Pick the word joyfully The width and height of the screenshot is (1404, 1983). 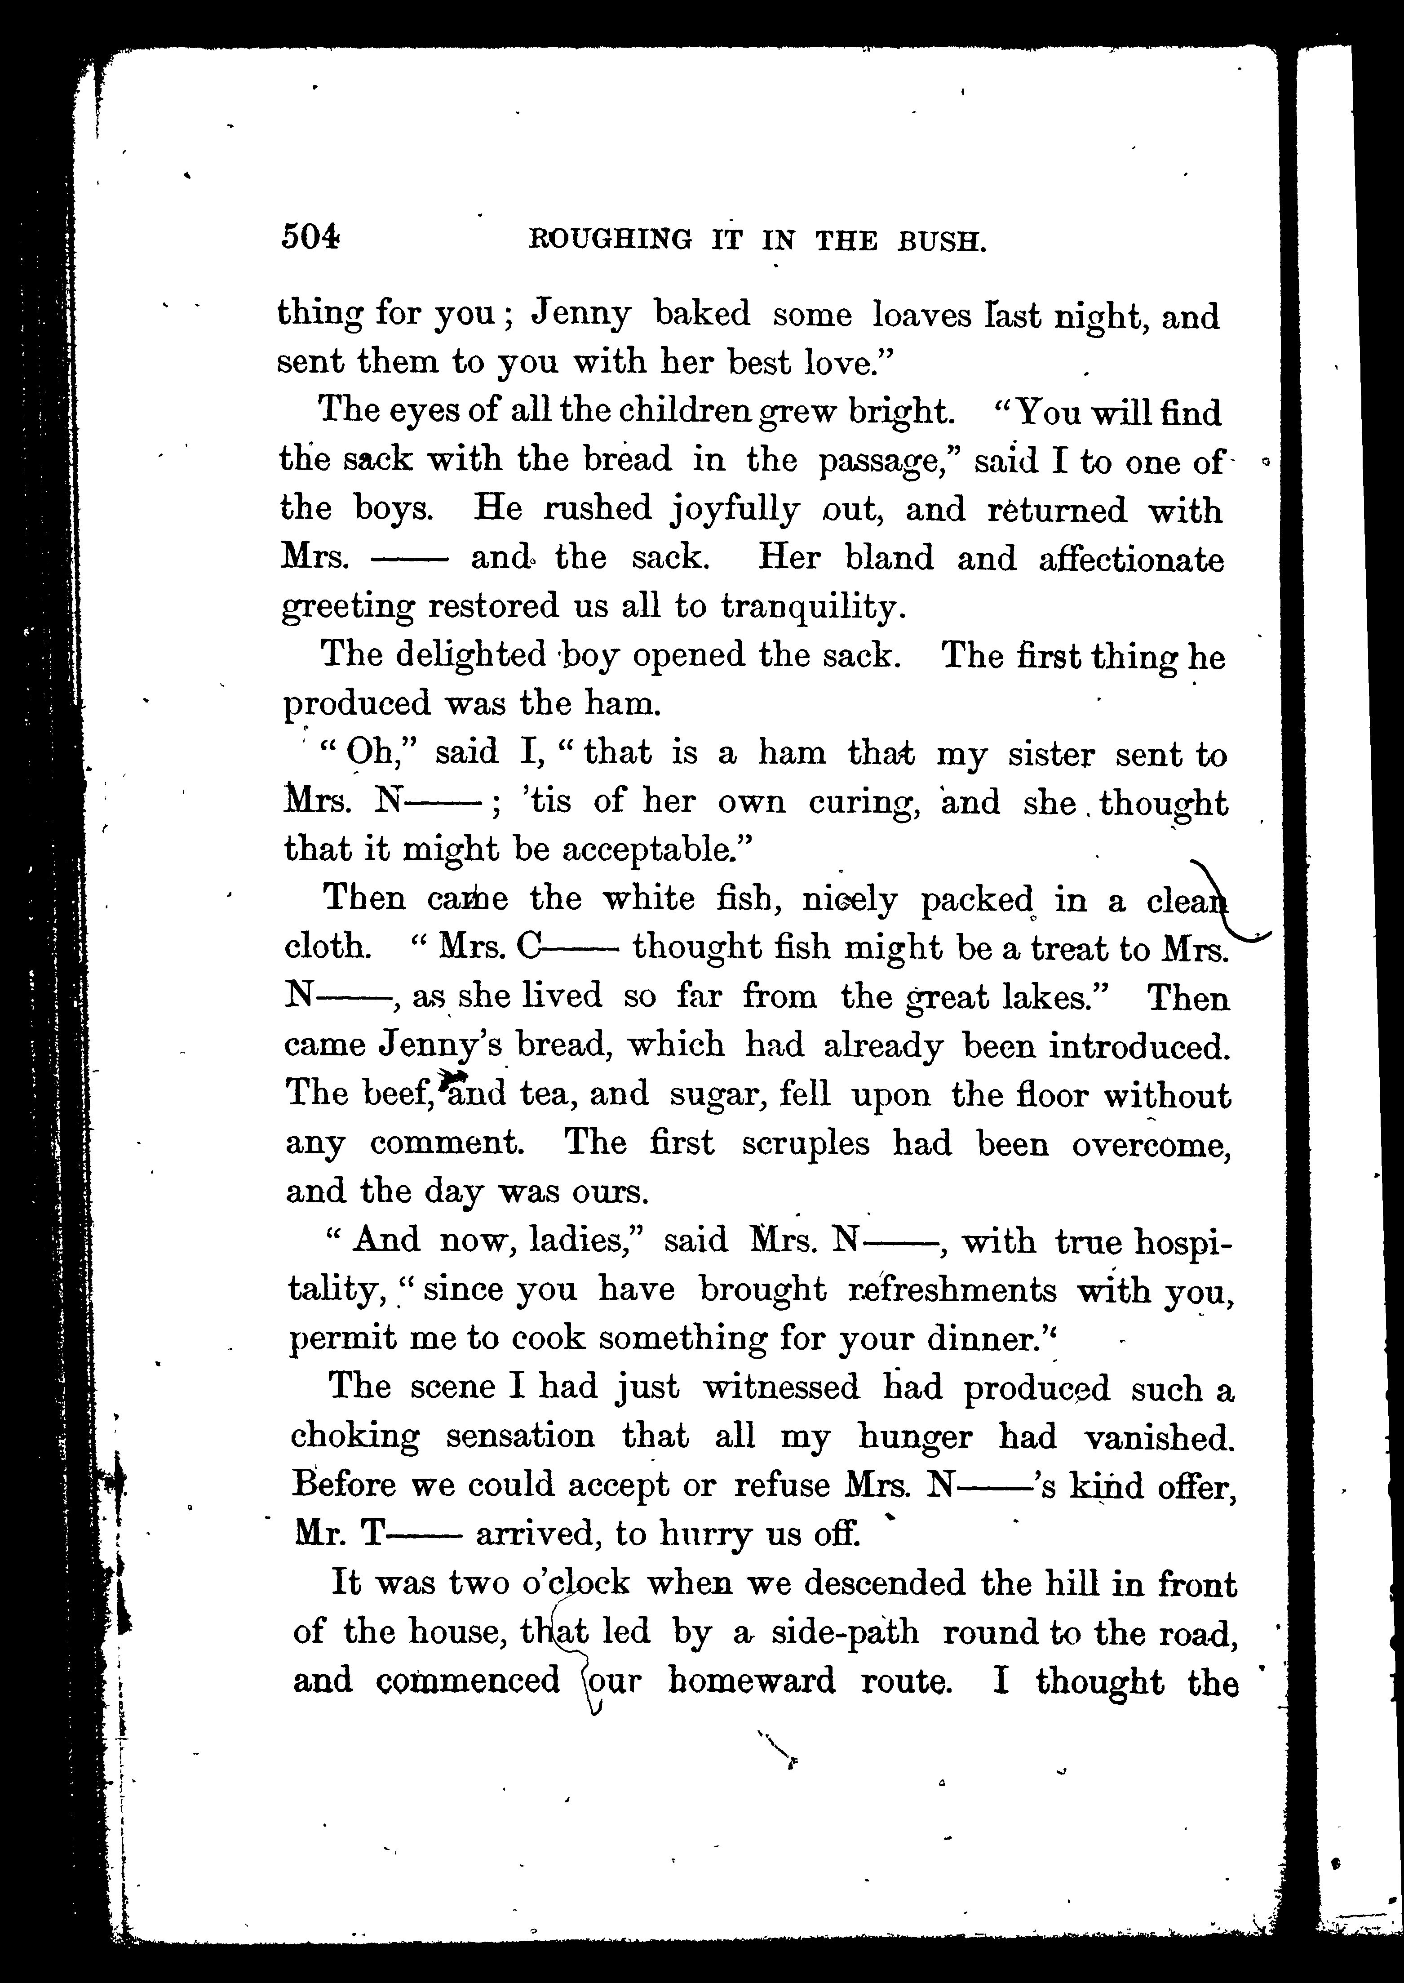point(735,510)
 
